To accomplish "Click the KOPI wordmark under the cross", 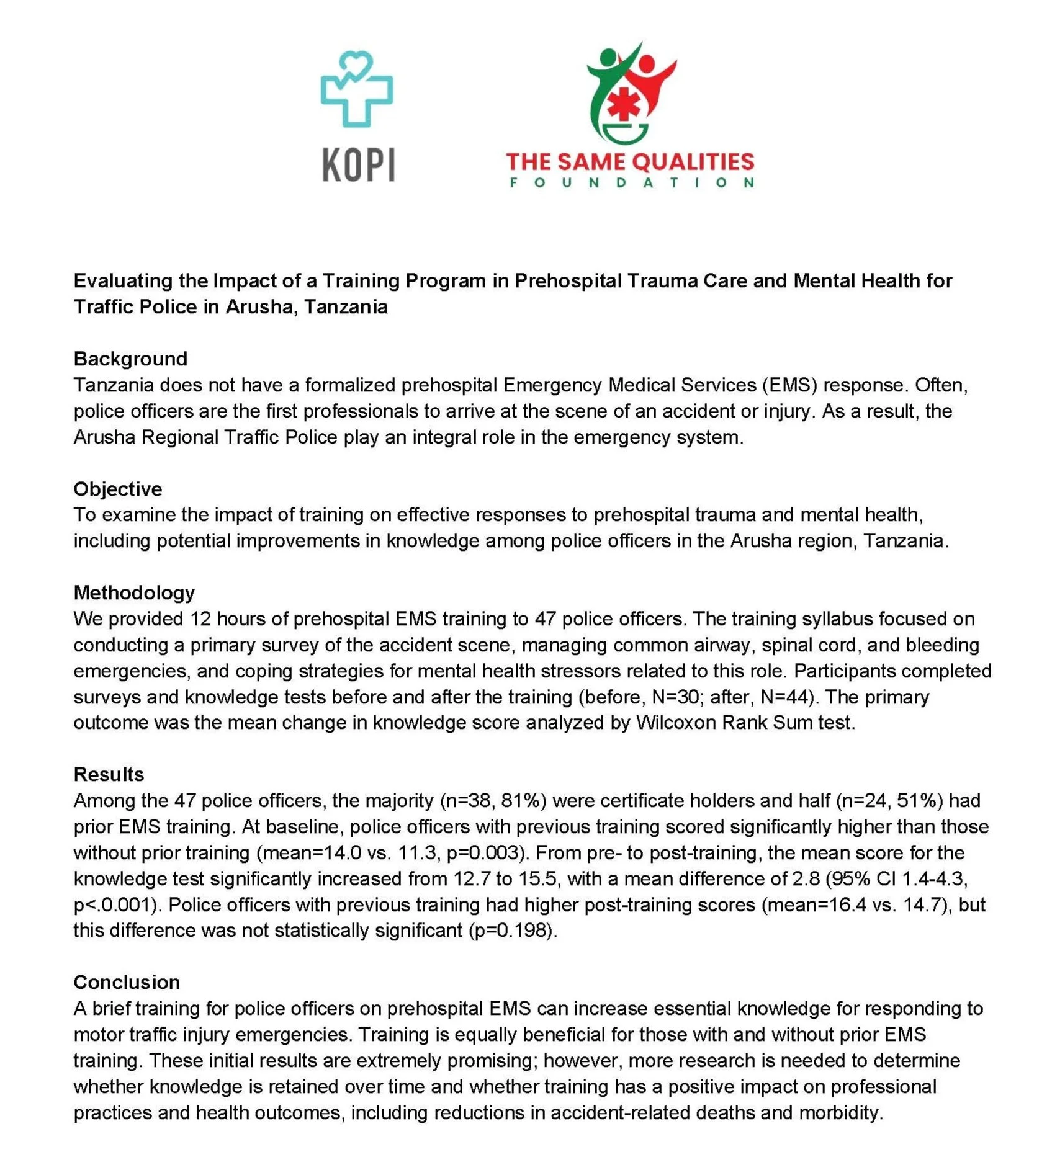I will [x=358, y=165].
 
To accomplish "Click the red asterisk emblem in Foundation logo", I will [x=623, y=105].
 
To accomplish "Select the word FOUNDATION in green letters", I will [x=631, y=183].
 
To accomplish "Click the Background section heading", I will [x=130, y=359].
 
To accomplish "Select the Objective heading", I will [x=118, y=489].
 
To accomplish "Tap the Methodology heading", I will [x=134, y=592].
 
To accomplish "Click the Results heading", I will [x=109, y=774].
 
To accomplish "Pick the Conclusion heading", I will [x=127, y=982].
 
